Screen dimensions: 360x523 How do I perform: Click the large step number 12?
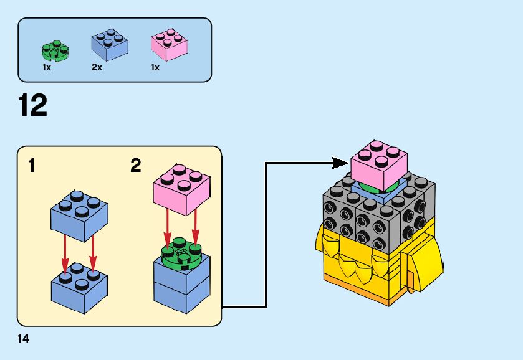pyautogui.click(x=34, y=105)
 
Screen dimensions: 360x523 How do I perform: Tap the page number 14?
pyautogui.click(x=24, y=339)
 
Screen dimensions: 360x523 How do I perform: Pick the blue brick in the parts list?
pyautogui.click(x=110, y=45)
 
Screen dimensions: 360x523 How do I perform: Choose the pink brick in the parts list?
pyautogui.click(x=169, y=45)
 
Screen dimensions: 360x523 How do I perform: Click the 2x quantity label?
pyautogui.click(x=97, y=67)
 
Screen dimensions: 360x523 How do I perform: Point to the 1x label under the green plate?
pyautogui.click(x=47, y=67)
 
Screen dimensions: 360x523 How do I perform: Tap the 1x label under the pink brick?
pyautogui.click(x=155, y=67)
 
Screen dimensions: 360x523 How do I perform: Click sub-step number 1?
pyautogui.click(x=31, y=166)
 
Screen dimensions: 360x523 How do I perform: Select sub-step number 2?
pyautogui.click(x=136, y=166)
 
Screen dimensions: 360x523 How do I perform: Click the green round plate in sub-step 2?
pyautogui.click(x=181, y=253)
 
